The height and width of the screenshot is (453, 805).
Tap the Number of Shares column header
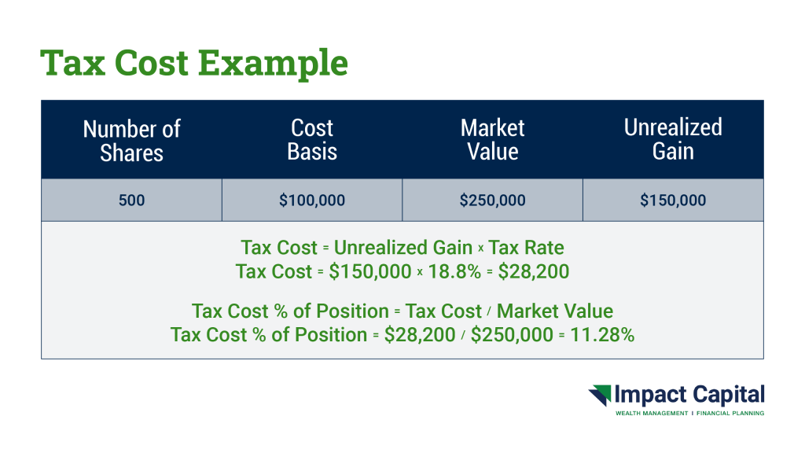coord(131,141)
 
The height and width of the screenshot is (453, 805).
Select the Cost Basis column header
coord(312,140)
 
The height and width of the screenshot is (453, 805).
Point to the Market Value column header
coord(492,140)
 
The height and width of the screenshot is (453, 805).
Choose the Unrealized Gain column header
coord(673,139)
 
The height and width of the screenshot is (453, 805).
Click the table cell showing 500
coord(131,201)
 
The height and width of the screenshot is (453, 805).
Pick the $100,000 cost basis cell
coord(312,201)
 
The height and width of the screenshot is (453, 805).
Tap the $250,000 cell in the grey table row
coord(492,201)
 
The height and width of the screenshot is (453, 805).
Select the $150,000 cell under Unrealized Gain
coord(673,201)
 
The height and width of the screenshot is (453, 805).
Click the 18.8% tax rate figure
coord(454,271)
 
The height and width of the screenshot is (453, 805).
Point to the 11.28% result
coord(602,335)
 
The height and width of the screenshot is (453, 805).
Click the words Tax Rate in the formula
coord(526,248)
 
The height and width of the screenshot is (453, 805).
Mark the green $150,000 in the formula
coord(370,271)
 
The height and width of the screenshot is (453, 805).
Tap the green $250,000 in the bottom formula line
coord(512,335)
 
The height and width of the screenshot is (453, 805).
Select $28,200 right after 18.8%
coord(534,271)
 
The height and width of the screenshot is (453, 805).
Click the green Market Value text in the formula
coord(555,311)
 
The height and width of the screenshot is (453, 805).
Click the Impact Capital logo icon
coord(600,396)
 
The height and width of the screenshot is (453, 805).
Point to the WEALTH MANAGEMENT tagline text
coord(652,414)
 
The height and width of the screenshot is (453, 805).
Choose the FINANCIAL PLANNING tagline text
coord(730,414)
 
